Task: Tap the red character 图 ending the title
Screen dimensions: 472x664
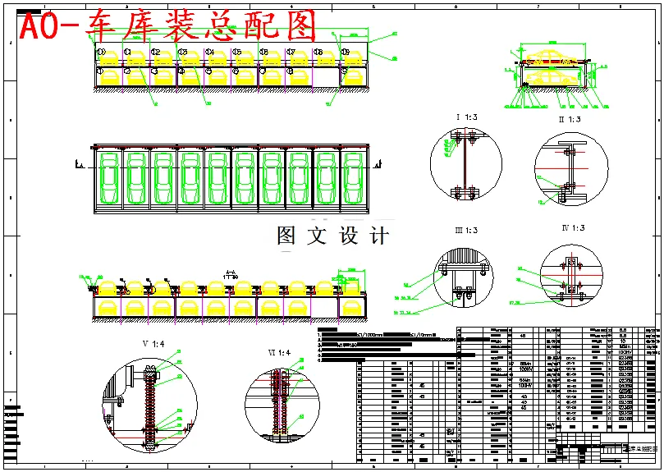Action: [300, 27]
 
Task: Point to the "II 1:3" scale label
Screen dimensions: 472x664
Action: [569, 120]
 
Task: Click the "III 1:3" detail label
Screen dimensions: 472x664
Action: [466, 230]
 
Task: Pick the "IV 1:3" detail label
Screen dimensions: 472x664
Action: [572, 227]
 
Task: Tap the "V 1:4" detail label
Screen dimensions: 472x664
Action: [153, 343]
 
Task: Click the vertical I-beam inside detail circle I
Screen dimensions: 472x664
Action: [465, 164]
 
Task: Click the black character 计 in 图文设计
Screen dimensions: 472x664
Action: [378, 236]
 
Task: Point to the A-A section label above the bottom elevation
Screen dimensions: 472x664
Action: [231, 275]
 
